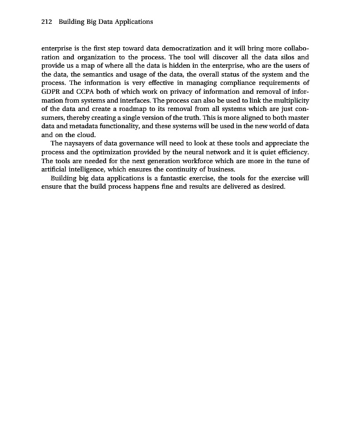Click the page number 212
tap(47, 22)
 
